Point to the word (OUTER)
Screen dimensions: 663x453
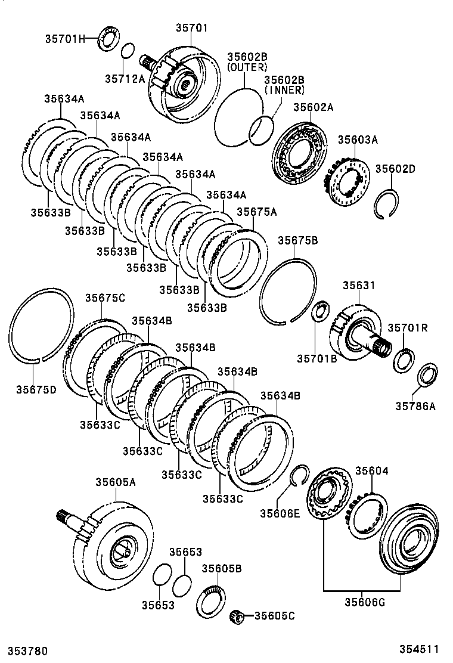coord(247,67)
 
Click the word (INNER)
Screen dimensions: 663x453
coord(284,90)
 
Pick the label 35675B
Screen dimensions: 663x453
coord(297,240)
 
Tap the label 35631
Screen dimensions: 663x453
coord(358,286)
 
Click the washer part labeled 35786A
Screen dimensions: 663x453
coord(427,375)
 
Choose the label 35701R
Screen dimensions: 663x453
coord(408,327)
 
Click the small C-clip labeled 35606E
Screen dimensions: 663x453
coord(299,475)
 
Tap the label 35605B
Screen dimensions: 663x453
coord(221,568)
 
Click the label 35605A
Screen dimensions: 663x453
coord(115,482)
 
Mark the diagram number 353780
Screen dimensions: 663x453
coord(27,650)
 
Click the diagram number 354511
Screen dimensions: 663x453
coord(418,649)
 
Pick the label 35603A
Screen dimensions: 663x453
coord(358,140)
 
